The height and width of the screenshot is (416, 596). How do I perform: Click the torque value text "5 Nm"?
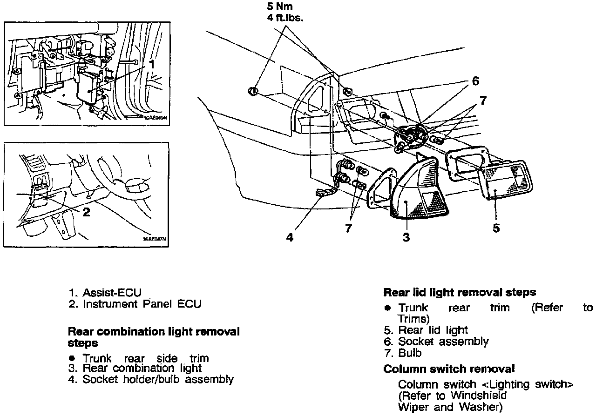[279, 7]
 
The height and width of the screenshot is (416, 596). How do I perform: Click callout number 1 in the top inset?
[151, 64]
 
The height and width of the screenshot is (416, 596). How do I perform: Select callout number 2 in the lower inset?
[86, 212]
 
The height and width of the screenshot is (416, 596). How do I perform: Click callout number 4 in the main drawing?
[290, 237]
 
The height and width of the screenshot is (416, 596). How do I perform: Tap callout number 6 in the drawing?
[475, 81]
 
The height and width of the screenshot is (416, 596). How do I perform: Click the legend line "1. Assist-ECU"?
[105, 293]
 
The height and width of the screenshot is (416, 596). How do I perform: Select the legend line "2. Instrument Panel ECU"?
[135, 304]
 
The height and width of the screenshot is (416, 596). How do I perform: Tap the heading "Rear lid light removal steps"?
[459, 293]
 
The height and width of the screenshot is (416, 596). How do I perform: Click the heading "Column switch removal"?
[449, 369]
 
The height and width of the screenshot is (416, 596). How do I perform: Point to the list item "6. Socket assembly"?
[436, 342]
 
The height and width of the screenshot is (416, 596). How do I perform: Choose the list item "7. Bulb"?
[403, 353]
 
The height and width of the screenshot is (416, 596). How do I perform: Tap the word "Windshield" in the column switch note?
[478, 396]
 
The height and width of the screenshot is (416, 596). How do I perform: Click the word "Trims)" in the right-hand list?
[413, 319]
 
